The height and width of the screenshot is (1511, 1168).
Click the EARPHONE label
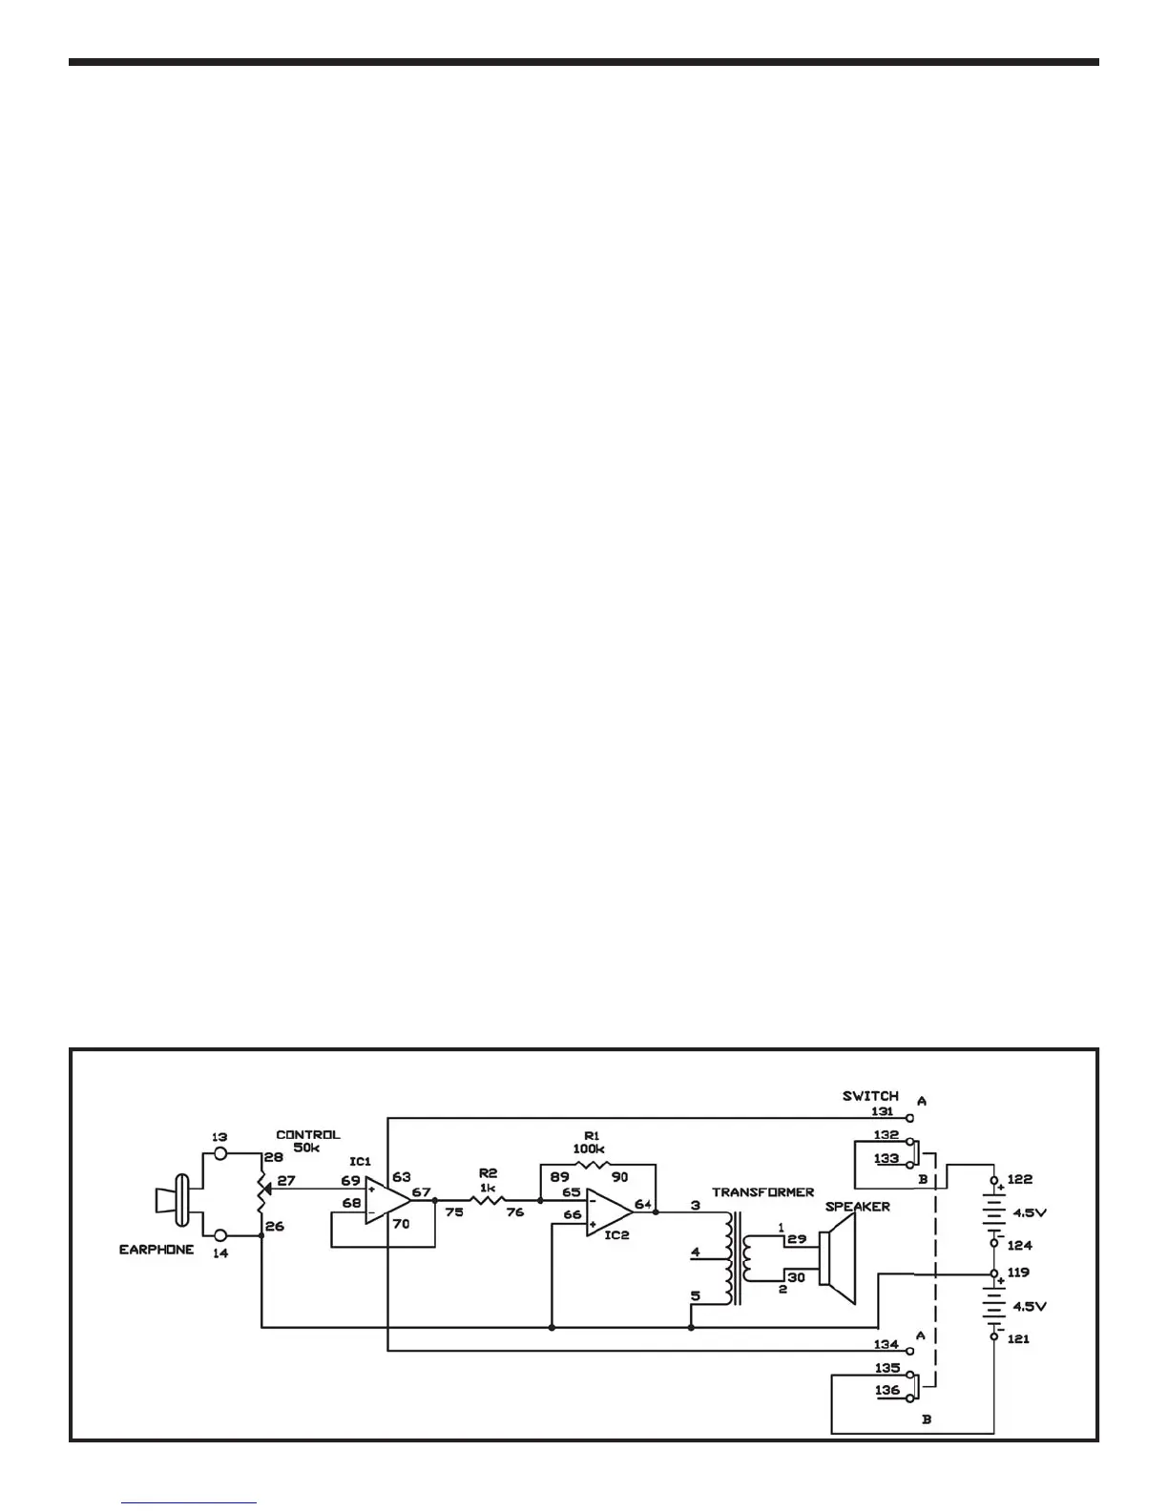(156, 1250)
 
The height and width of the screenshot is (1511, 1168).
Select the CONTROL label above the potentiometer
(307, 1135)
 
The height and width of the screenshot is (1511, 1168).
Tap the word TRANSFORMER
(763, 1192)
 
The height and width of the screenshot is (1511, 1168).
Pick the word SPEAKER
(857, 1207)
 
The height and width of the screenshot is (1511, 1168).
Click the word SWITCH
(870, 1096)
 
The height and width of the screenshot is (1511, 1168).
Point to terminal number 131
(884, 1111)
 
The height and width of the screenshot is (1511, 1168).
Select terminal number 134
(886, 1344)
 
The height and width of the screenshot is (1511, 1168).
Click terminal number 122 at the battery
(1019, 1180)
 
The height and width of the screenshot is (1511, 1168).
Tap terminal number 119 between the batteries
(1018, 1273)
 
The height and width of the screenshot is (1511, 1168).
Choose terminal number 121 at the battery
(1018, 1339)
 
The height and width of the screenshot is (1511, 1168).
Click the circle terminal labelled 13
(220, 1152)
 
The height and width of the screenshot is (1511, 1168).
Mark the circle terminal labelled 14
(220, 1236)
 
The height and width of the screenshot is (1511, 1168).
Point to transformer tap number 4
(695, 1252)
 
